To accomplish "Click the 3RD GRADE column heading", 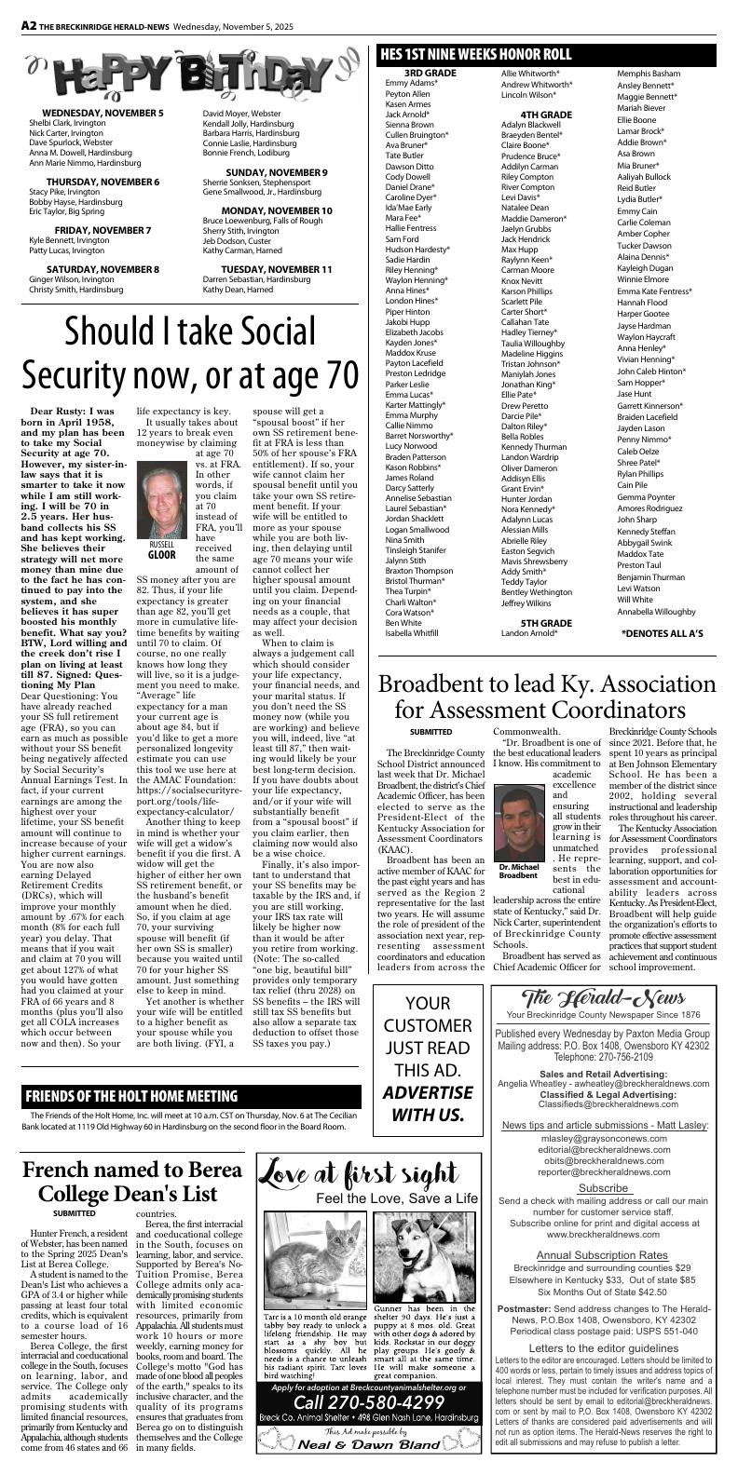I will tap(430, 73).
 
